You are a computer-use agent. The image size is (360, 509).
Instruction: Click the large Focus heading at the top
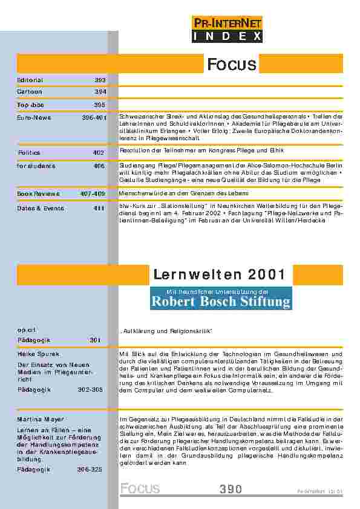coord(232,64)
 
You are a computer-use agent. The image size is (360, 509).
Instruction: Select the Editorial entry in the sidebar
coord(29,80)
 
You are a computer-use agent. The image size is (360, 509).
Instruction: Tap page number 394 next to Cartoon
coord(100,92)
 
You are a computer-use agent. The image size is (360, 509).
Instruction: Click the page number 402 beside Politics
coord(100,153)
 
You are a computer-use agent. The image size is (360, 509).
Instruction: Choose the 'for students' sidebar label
coord(36,165)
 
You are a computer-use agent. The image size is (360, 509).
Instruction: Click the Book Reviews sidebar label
coord(38,194)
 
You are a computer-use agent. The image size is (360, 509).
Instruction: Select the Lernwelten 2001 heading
coord(220,275)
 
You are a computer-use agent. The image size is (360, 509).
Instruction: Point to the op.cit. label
coord(27,329)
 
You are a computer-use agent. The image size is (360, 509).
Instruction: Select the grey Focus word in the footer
coord(140,488)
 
